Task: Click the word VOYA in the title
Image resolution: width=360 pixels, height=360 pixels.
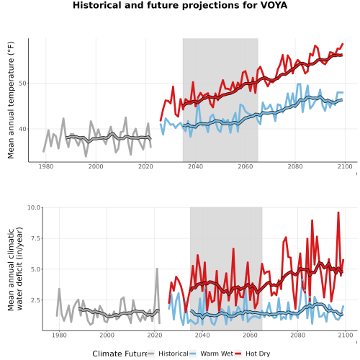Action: click(274, 5)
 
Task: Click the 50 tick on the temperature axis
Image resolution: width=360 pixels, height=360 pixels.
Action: click(22, 84)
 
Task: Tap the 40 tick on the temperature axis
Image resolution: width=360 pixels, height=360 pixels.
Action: click(22, 129)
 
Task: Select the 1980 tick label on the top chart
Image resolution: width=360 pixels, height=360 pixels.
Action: click(46, 166)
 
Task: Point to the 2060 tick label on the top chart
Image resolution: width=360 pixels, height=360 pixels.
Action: click(246, 166)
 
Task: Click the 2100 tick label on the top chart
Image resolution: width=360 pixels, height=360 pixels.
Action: click(345, 166)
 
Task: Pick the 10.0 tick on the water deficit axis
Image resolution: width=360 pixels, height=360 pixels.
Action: click(34, 207)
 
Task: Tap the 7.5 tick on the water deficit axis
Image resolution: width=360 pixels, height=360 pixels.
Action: click(35, 238)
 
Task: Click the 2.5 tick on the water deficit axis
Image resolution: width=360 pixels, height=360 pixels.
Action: click(35, 300)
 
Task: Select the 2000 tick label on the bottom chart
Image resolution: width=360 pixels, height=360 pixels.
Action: click(107, 335)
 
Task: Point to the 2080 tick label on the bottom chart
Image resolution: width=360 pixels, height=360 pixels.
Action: click(297, 335)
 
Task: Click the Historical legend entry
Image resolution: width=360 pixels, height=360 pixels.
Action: click(168, 354)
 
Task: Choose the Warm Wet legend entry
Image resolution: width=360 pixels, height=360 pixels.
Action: click(211, 354)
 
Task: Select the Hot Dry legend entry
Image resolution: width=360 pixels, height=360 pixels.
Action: click(253, 354)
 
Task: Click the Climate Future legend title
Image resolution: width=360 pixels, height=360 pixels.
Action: click(120, 354)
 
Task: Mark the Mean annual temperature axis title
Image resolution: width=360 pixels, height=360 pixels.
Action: click(11, 100)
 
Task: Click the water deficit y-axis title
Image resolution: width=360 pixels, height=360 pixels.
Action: click(15, 269)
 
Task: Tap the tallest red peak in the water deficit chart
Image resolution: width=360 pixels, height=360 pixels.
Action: click(338, 212)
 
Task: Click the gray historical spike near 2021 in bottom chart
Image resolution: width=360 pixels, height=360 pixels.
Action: click(157, 269)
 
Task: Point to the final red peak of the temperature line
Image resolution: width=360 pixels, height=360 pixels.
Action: click(343, 44)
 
